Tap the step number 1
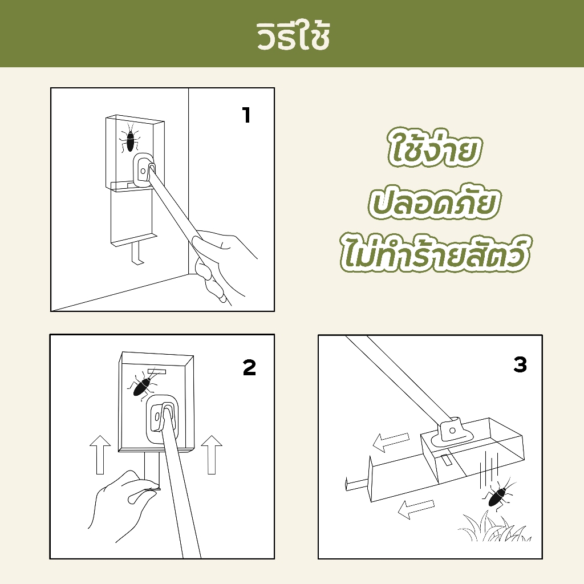click(246, 115)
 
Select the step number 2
click(249, 367)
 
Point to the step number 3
click(520, 364)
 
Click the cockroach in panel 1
click(129, 138)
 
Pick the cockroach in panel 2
click(142, 386)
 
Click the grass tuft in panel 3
click(493, 526)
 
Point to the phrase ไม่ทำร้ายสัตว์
click(434, 252)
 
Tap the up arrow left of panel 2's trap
click(100, 455)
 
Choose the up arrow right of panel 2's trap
click(212, 455)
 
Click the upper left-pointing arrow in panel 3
click(391, 442)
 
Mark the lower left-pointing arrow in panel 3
click(416, 509)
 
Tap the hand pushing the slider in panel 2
click(123, 504)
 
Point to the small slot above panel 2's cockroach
click(156, 371)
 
